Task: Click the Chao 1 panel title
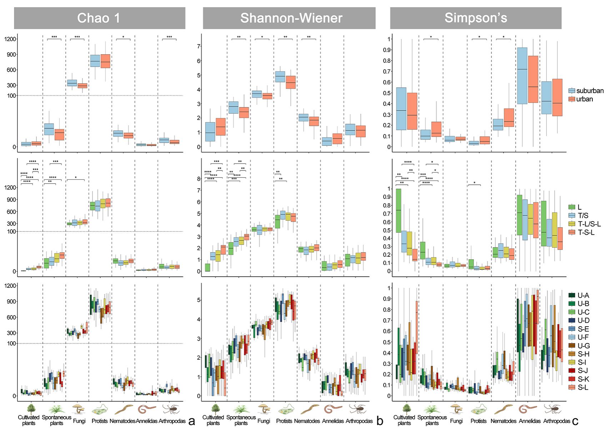pos(99,18)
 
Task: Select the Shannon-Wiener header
pos(291,18)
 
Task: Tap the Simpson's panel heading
pos(476,18)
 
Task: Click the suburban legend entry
pos(586,91)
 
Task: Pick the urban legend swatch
pos(572,99)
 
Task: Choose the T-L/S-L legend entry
pos(585,224)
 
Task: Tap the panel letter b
pos(380,421)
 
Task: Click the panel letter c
pos(575,421)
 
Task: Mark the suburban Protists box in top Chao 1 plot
pos(95,61)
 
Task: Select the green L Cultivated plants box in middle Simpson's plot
pos(398,210)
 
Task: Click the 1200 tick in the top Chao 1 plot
pos(10,39)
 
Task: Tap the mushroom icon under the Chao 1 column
pos(79,409)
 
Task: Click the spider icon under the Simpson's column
pos(553,409)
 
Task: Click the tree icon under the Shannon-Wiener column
pos(215,409)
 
